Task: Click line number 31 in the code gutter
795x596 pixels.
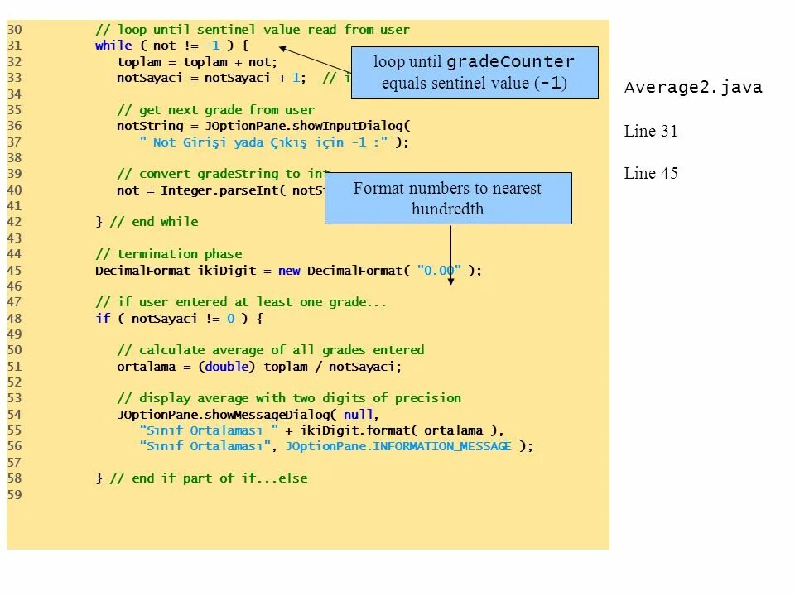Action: [x=15, y=46]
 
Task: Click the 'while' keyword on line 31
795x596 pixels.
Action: [x=113, y=46]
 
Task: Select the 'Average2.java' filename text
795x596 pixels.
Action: [x=693, y=88]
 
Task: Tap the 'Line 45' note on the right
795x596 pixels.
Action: [x=651, y=173]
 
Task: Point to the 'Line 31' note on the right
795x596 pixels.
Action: [x=651, y=131]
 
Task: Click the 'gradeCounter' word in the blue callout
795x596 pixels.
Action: [x=510, y=62]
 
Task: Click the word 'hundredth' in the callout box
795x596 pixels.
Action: [x=447, y=209]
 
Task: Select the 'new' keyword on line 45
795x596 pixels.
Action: [x=289, y=271]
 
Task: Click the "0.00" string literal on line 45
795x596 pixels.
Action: [x=439, y=271]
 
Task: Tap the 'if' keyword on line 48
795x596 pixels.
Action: [x=103, y=319]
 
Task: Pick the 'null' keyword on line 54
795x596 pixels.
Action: [x=359, y=415]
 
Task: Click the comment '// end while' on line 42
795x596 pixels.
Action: [x=154, y=222]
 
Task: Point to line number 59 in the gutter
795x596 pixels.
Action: [x=15, y=495]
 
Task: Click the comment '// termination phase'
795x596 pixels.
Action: [x=169, y=254]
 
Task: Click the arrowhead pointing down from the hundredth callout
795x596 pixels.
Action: [x=451, y=281]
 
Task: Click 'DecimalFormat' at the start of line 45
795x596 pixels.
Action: [x=142, y=271]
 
